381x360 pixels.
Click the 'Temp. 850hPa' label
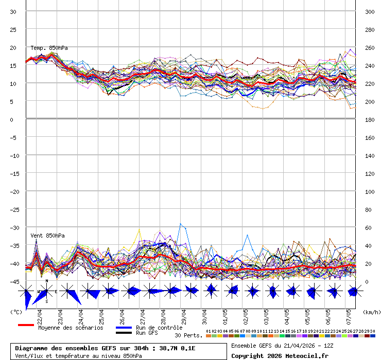pos(49,48)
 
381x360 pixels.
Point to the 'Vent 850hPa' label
pos(47,236)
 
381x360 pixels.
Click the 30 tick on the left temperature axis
pos(13,11)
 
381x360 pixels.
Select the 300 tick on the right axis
pos(370,11)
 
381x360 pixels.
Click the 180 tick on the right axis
pos(370,119)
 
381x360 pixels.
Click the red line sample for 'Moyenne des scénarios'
pos(26,325)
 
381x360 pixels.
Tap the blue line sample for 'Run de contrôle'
pos(124,327)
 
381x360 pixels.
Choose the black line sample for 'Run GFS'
pos(124,333)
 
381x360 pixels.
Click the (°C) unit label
pos(16,312)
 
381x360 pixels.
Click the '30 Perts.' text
pos(188,335)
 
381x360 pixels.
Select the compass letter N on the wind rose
pos(47,281)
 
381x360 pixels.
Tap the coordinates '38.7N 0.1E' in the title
pos(177,348)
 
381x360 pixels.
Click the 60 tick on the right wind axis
pos(368,227)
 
